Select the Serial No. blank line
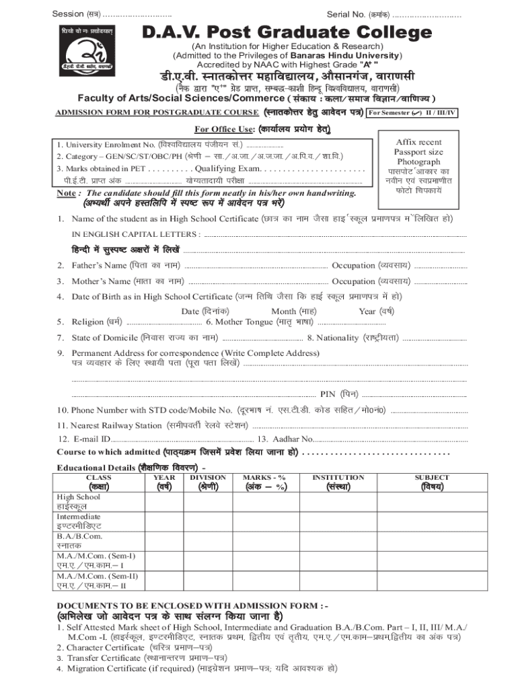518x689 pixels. pyautogui.click(x=427, y=14)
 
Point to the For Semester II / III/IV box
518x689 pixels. pyautogui.click(x=413, y=112)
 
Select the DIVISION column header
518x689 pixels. pyautogui.click(x=208, y=477)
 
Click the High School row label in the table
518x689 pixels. pyautogui.click(x=79, y=497)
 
